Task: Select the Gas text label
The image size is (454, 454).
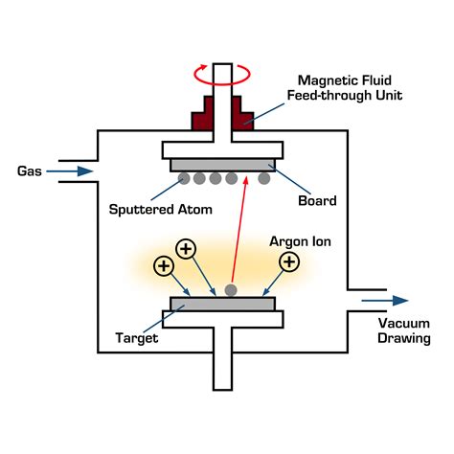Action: pyautogui.click(x=30, y=171)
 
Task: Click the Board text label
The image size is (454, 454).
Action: pyautogui.click(x=317, y=201)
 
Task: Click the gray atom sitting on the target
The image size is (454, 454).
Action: pyautogui.click(x=230, y=290)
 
